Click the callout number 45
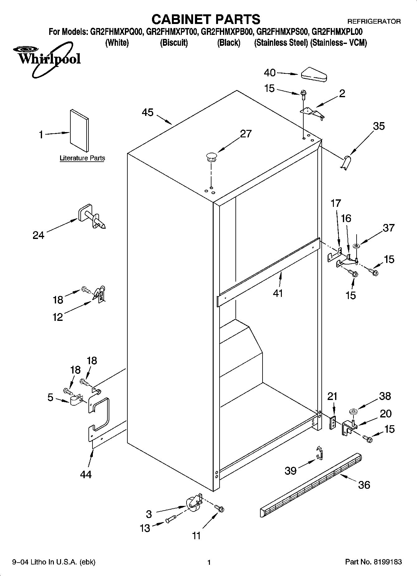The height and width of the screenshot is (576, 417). [148, 112]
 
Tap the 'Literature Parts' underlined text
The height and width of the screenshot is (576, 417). [82, 158]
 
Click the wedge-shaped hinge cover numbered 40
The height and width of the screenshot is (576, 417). [314, 74]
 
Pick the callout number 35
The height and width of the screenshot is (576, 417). [379, 126]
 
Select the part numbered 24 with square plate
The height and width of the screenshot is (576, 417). [91, 217]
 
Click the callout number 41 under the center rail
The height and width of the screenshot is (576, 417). [277, 293]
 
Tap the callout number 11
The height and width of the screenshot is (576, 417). [196, 536]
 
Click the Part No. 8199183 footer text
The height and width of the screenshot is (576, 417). [373, 562]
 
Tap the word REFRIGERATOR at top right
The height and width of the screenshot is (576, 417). [374, 21]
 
